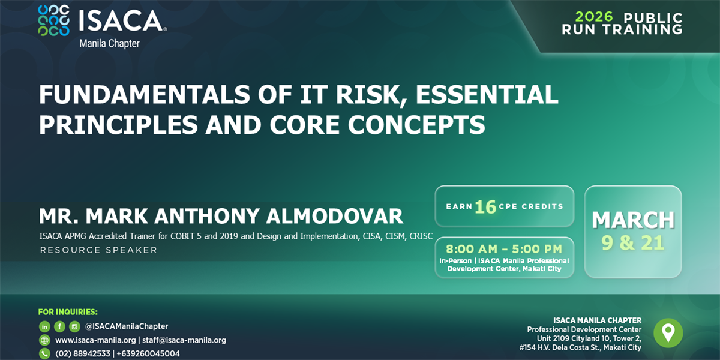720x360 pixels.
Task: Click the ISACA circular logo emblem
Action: (53, 20)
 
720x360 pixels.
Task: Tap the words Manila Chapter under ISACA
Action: (109, 43)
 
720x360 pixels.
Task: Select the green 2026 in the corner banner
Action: (594, 17)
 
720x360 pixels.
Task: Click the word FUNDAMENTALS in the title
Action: (145, 95)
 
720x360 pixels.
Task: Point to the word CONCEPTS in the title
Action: (416, 125)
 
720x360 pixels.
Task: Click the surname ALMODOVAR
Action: (334, 216)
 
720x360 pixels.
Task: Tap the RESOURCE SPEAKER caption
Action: (98, 250)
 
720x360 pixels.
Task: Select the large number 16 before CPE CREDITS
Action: (485, 207)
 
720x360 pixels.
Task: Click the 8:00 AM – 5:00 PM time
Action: (504, 249)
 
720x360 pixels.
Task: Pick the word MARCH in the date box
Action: (633, 220)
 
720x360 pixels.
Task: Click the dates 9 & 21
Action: (632, 242)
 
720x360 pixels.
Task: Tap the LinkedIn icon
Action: (44, 327)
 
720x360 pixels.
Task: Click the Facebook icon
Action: (59, 327)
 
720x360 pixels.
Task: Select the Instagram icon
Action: (74, 327)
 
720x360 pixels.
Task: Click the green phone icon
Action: (44, 353)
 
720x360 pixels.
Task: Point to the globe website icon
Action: (44, 340)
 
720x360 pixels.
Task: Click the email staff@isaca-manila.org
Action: (184, 340)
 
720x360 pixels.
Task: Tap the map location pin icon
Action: (668, 333)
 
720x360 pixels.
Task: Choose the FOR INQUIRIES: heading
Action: (68, 312)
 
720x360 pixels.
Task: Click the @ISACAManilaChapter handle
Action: (127, 326)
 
